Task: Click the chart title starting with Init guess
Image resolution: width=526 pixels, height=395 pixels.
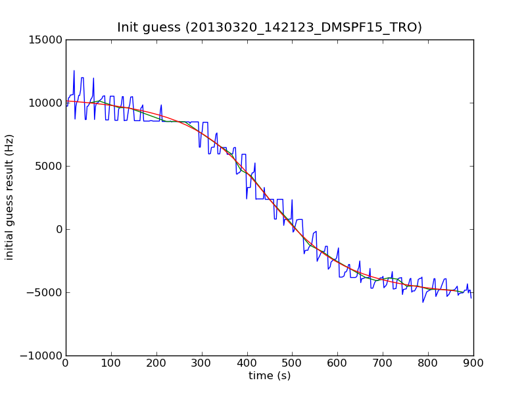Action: coord(270,28)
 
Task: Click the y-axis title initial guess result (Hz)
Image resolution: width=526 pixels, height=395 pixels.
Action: coord(10,197)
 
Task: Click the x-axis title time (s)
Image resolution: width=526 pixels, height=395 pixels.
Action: coord(270,376)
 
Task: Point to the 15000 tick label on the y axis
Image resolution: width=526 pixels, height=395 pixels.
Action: coord(46,39)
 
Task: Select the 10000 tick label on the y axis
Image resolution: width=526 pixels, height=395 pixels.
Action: coord(46,103)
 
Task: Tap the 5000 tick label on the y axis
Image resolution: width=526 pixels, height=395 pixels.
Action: coord(49,166)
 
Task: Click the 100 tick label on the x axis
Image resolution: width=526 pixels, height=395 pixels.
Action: coord(111,363)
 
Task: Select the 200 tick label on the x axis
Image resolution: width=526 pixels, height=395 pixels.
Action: coord(156,363)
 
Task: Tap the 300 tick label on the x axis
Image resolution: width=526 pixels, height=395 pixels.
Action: coord(202,363)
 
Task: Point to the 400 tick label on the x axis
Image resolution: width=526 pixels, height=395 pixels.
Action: coord(247,363)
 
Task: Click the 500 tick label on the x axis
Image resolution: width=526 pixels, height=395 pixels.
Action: coord(292,363)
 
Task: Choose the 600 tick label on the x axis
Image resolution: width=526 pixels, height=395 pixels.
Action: coord(337,363)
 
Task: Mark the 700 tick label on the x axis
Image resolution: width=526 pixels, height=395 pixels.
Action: coord(383,363)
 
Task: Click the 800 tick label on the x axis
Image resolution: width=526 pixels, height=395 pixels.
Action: coord(428,363)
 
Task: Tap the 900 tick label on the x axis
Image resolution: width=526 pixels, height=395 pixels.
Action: coord(473,363)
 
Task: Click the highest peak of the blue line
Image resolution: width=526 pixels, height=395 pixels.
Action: coord(74,71)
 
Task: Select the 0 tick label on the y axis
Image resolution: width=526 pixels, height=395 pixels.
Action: coord(59,229)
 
